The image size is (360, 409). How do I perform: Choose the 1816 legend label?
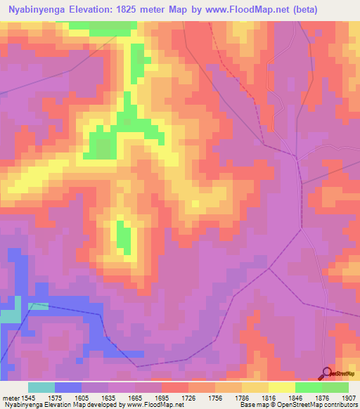point(257,398)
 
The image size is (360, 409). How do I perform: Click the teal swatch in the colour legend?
point(41,387)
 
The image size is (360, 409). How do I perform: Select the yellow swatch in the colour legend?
point(281,387)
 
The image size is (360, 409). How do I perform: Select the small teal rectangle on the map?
point(38,306)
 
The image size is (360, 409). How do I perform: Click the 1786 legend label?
point(230,398)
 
